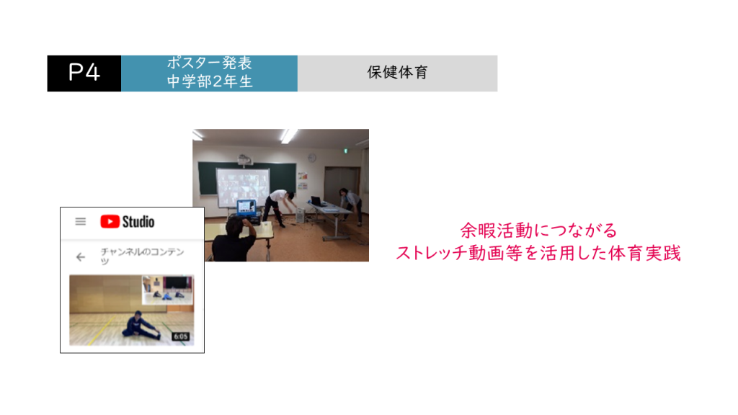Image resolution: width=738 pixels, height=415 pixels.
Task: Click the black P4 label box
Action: pos(84,73)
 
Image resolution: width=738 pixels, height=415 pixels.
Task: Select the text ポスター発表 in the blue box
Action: pos(210,63)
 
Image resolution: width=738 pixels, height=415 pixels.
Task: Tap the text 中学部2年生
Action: pos(210,81)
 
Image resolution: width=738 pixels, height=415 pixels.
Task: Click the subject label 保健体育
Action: pos(397,73)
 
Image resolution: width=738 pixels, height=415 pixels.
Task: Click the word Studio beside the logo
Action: pos(138,222)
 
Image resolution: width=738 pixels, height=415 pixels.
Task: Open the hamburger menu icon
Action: pos(81,222)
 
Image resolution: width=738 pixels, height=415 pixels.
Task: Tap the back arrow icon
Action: pos(81,257)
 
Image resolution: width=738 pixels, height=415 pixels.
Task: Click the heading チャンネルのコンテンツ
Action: pos(142,256)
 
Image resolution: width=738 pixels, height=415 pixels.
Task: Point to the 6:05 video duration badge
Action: pos(181,336)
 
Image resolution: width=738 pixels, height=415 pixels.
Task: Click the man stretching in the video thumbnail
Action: pos(140,325)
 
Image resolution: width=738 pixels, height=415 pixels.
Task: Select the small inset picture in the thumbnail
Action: pos(167,290)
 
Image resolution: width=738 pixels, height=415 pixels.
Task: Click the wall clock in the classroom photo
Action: pos(311,158)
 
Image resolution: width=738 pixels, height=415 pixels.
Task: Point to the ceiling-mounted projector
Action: pos(244,159)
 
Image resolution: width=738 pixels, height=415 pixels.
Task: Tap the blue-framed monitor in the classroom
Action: pos(246,207)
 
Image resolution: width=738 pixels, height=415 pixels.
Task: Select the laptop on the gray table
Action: pos(316,202)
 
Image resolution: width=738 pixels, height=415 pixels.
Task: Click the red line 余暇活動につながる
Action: pos(538,231)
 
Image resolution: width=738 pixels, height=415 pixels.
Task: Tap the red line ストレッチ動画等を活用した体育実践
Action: pos(538,253)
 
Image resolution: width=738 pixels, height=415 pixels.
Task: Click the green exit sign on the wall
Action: pos(345,151)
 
